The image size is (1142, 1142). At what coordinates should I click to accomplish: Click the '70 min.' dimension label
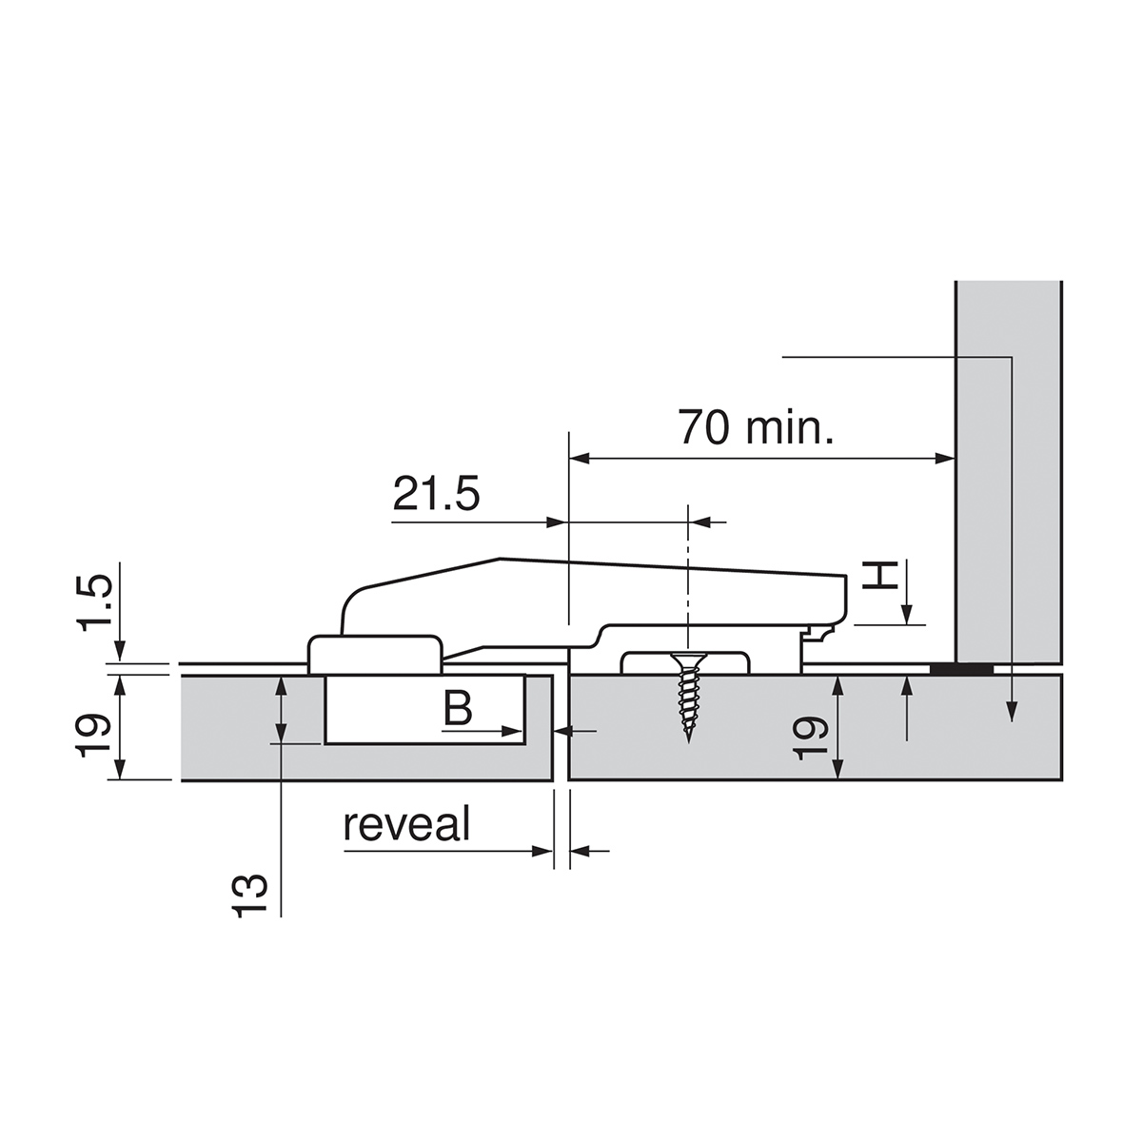(756, 427)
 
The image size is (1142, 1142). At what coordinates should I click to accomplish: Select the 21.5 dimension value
(436, 493)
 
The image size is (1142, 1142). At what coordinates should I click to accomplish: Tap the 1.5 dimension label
(94, 602)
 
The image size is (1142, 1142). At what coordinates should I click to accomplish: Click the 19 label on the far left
(93, 736)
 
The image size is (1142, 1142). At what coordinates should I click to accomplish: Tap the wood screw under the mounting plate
(688, 697)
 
